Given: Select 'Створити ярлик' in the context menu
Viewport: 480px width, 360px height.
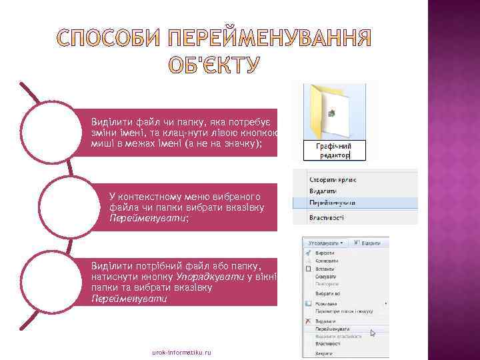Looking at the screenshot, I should [331, 179].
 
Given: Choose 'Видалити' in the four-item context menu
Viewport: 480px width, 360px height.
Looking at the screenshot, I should [323, 191].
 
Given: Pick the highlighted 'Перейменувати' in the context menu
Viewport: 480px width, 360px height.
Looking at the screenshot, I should [331, 202].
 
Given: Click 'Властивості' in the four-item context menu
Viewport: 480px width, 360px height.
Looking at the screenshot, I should [327, 217].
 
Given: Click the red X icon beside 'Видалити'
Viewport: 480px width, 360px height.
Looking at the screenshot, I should [308, 320].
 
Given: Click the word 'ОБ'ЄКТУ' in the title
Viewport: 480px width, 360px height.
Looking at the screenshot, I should [213, 65].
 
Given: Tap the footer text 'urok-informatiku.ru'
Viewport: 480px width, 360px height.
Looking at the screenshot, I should [181, 351].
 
